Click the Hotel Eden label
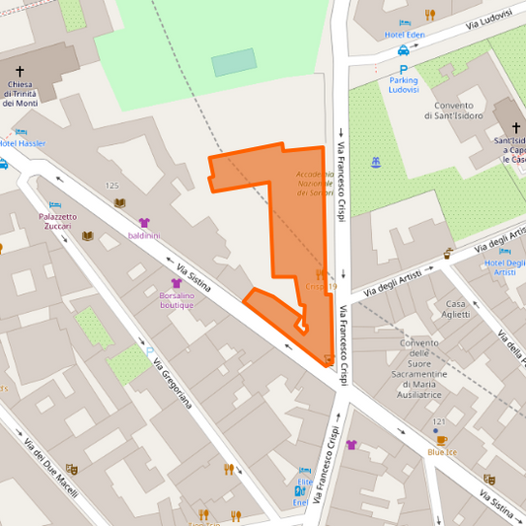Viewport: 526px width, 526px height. coord(405,36)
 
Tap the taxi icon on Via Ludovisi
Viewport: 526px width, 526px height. coord(404,50)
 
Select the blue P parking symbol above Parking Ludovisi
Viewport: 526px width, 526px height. coord(403,69)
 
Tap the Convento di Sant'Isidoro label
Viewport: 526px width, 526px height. coord(455,111)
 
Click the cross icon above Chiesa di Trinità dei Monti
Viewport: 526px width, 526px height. coord(20,71)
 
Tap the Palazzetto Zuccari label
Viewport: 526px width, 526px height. coord(57,221)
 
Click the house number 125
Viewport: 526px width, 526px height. coord(112,186)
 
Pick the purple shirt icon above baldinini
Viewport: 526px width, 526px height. coord(144,223)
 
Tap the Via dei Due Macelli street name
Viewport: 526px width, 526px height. coord(49,467)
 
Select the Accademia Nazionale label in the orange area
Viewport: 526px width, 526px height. coord(316,183)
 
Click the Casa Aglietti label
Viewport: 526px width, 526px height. coord(457,309)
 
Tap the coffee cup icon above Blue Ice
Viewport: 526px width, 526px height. coord(441,440)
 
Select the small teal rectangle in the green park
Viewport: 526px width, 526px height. coord(233,63)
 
